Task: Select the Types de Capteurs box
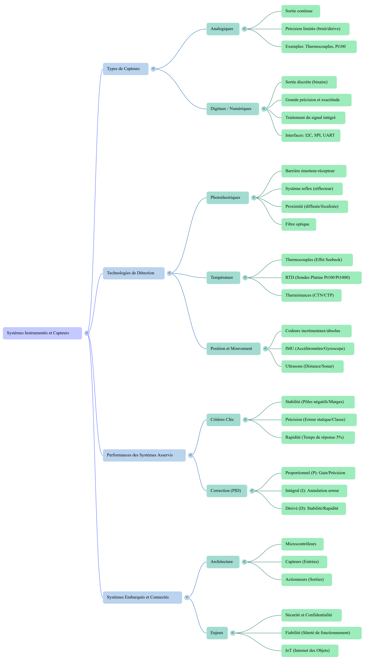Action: pos(125,69)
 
